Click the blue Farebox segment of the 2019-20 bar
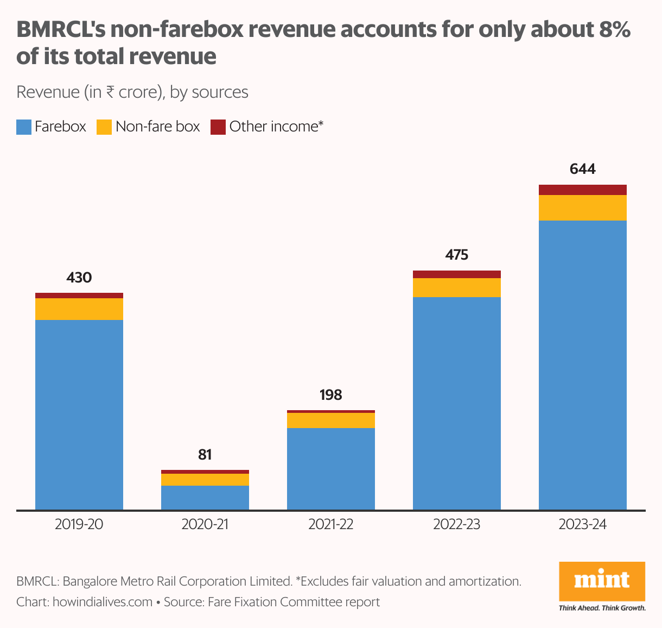tap(79, 415)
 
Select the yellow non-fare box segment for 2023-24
tap(582, 208)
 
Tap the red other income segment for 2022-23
tap(456, 274)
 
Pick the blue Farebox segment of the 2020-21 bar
tap(205, 498)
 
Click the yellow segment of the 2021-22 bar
tap(330, 420)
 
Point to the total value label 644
tap(582, 169)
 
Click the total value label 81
tap(205, 454)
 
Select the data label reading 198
tap(330, 395)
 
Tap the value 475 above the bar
tap(456, 255)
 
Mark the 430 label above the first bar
tap(79, 278)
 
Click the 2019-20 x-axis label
tap(79, 525)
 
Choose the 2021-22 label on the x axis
tap(330, 525)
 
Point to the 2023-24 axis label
tap(582, 525)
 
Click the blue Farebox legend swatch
tap(24, 127)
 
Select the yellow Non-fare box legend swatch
tap(104, 127)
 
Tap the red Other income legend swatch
tap(218, 127)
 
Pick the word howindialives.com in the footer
tap(103, 602)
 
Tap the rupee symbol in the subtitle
tap(110, 92)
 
